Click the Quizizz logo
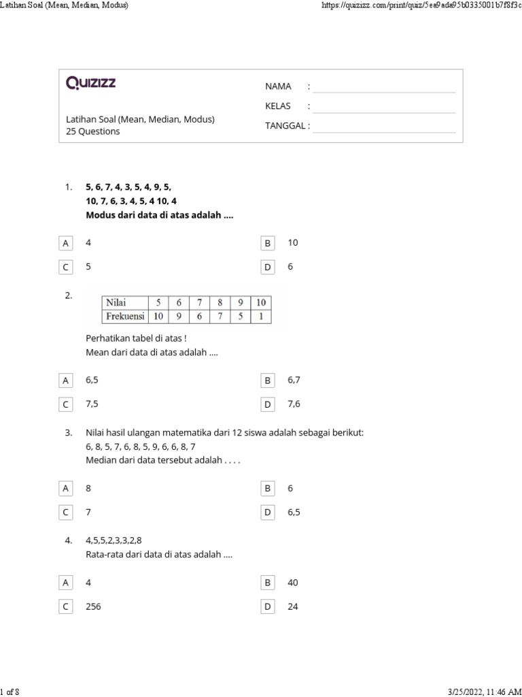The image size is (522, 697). [x=90, y=83]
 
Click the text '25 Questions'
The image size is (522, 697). [x=93, y=131]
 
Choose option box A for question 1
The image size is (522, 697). [x=66, y=243]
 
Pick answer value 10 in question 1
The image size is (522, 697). [x=293, y=242]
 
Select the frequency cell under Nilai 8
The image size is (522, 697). [x=220, y=316]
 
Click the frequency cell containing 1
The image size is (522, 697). [x=261, y=316]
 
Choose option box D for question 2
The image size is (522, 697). [x=268, y=404]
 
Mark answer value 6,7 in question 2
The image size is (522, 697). [x=294, y=380]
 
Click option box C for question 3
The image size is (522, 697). [x=66, y=513]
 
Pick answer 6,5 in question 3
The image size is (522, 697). [x=294, y=512]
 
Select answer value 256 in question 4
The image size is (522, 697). [x=93, y=606]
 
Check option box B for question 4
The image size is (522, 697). [x=268, y=583]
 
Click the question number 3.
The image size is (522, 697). [x=69, y=433]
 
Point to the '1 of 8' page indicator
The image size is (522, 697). [x=11, y=692]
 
